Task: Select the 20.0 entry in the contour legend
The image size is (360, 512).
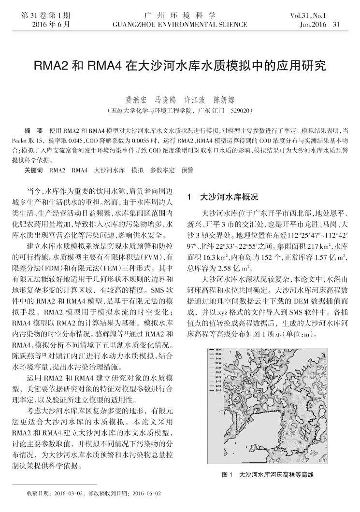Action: (218, 390)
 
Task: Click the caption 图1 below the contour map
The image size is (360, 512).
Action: (228, 475)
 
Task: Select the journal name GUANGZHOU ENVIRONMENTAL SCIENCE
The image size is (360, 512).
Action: (180, 24)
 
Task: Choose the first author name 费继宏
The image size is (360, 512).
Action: (136, 100)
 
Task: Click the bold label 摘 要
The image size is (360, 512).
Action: (33, 131)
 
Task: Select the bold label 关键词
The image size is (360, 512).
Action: (33, 171)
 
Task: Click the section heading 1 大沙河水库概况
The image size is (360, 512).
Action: (222, 197)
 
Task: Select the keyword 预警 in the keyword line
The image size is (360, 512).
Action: (187, 171)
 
